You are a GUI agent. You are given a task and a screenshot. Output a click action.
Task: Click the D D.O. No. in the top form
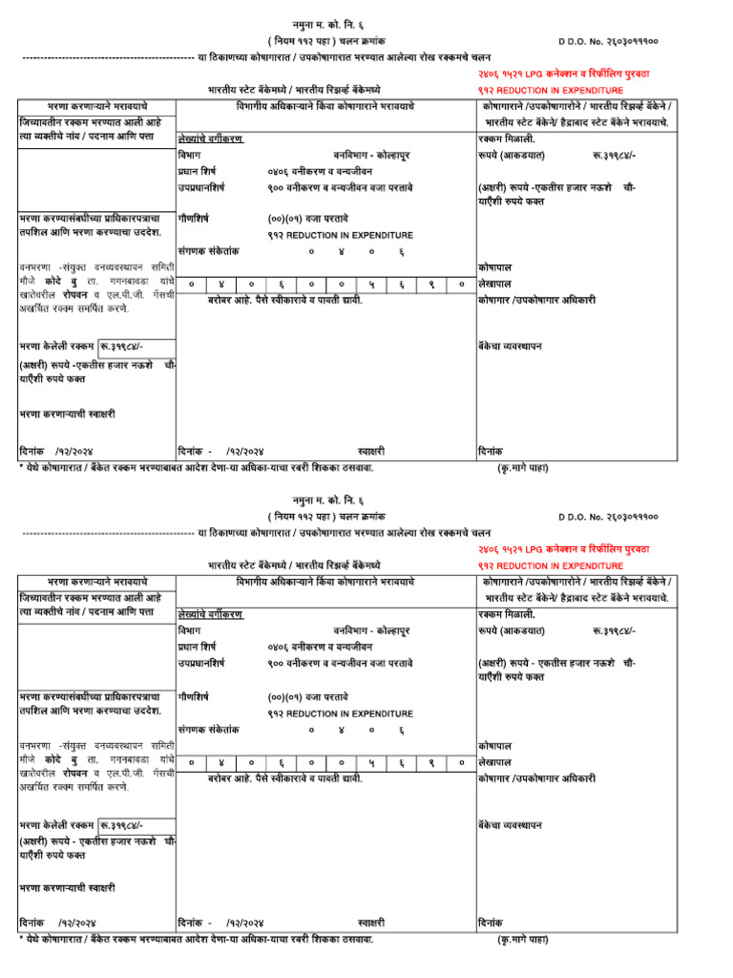tap(608, 42)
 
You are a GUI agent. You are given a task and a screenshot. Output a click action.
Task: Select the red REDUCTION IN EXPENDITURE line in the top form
tap(550, 88)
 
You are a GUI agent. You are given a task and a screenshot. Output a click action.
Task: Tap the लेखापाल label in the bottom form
tap(494, 762)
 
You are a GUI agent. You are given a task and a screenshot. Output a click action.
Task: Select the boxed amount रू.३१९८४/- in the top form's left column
tap(122, 346)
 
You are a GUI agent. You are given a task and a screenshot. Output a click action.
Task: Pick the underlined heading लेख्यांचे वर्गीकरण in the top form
tap(210, 138)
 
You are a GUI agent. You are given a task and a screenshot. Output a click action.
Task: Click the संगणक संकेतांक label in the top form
tap(208, 250)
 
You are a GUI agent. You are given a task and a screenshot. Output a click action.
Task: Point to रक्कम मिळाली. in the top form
tap(507, 138)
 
